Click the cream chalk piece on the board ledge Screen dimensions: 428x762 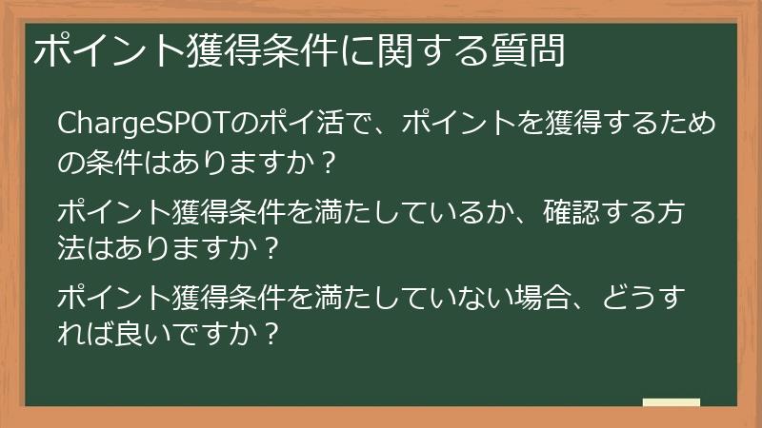point(671,402)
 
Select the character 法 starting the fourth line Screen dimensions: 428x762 point(71,248)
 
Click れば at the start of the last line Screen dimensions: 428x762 point(87,335)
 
